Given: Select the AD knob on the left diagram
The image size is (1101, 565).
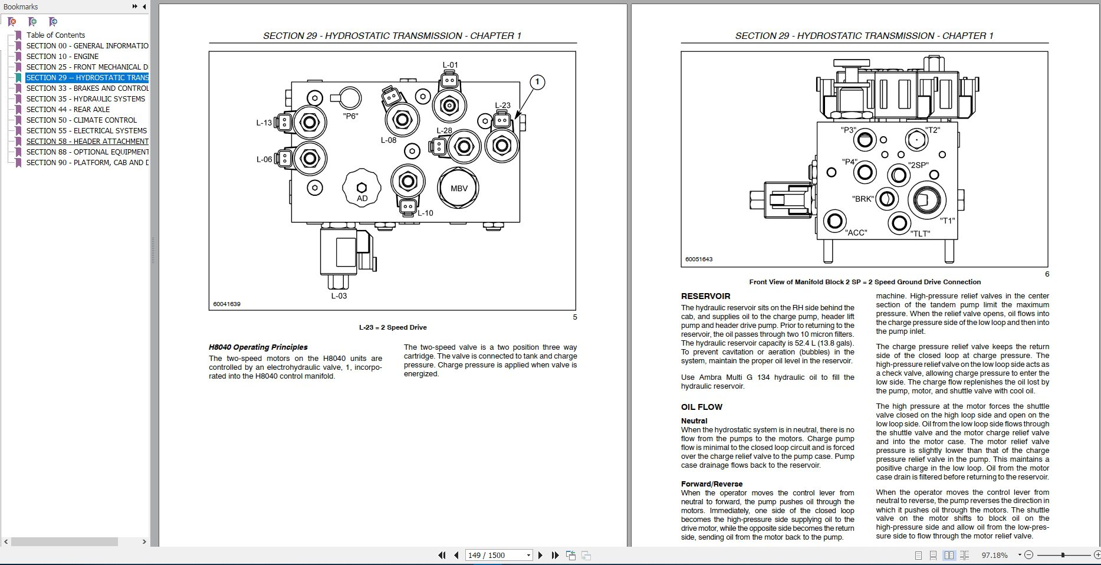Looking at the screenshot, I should pyautogui.click(x=361, y=188).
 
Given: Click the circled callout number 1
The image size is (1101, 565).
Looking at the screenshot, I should pyautogui.click(x=537, y=83).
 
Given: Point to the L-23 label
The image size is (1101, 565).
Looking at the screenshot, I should pyautogui.click(x=502, y=106).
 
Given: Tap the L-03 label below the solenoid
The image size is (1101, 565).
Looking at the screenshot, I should pyautogui.click(x=338, y=295).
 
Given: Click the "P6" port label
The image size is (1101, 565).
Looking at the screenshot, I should pyautogui.click(x=350, y=116).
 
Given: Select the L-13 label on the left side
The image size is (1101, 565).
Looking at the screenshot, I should pyautogui.click(x=264, y=123).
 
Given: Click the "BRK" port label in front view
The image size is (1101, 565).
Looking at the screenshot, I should pyautogui.click(x=863, y=199).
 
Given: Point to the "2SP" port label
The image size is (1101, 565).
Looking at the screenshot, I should pyautogui.click(x=918, y=165).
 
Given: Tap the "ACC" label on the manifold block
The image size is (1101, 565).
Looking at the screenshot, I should pyautogui.click(x=856, y=232).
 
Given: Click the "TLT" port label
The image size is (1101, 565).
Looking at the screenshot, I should pyautogui.click(x=920, y=234).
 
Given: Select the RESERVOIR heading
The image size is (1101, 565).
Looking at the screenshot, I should pyautogui.click(x=705, y=296).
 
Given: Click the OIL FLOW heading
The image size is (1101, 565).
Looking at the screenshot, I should pyautogui.click(x=701, y=407).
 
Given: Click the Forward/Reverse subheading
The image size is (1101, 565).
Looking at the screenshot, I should pyautogui.click(x=711, y=484).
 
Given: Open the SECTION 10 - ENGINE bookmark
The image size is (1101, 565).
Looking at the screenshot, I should pyautogui.click(x=62, y=56).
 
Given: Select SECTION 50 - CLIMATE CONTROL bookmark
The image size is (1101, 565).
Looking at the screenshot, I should pyautogui.click(x=81, y=120).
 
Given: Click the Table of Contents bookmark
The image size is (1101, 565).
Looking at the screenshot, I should pyautogui.click(x=55, y=35).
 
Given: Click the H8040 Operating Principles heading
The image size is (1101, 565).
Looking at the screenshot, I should pyautogui.click(x=258, y=347).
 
